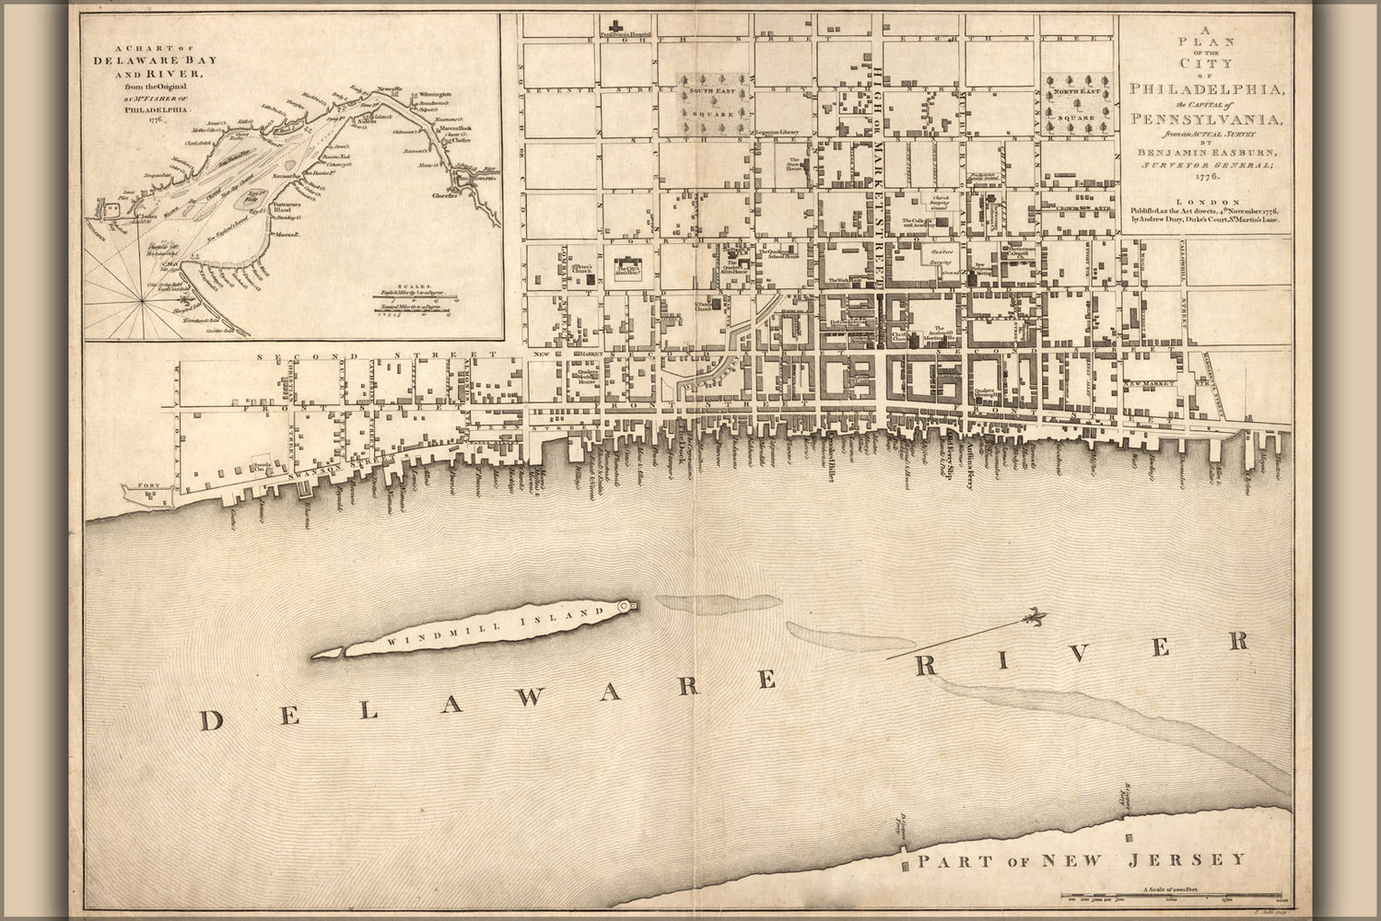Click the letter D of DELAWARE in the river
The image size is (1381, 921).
point(213,721)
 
